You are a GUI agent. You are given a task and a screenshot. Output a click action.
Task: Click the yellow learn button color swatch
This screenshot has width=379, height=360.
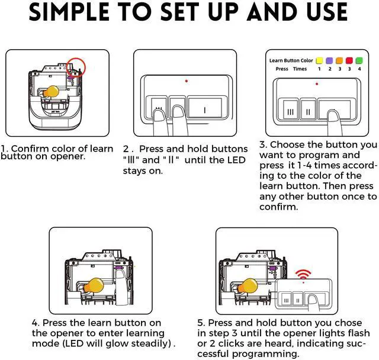coord(319,60)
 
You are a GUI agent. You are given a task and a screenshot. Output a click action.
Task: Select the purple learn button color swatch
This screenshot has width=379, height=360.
coord(329,60)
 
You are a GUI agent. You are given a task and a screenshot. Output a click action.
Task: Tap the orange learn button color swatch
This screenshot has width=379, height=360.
coord(339,60)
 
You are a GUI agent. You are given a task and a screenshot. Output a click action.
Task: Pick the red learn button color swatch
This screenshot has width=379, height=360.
coord(349,60)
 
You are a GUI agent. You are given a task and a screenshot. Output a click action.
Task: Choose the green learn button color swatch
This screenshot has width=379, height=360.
coord(359,60)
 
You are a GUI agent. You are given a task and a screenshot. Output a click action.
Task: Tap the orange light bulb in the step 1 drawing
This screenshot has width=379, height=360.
coord(52,91)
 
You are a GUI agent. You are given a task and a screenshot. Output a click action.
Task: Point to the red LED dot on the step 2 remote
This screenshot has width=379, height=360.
coord(187,81)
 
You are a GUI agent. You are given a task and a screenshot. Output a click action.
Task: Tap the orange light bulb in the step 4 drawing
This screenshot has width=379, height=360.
coord(94,285)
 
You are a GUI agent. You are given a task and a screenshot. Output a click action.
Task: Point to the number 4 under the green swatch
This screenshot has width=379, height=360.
coord(359,69)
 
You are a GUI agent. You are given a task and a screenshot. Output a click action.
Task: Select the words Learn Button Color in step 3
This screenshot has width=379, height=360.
coord(291,60)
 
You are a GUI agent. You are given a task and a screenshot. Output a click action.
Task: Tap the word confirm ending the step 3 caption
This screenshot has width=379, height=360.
coord(279,207)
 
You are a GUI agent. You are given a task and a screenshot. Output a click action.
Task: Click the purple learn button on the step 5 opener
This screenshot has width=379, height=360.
coord(272,268)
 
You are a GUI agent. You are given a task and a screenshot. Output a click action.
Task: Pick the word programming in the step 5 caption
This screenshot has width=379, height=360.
coord(265,354)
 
